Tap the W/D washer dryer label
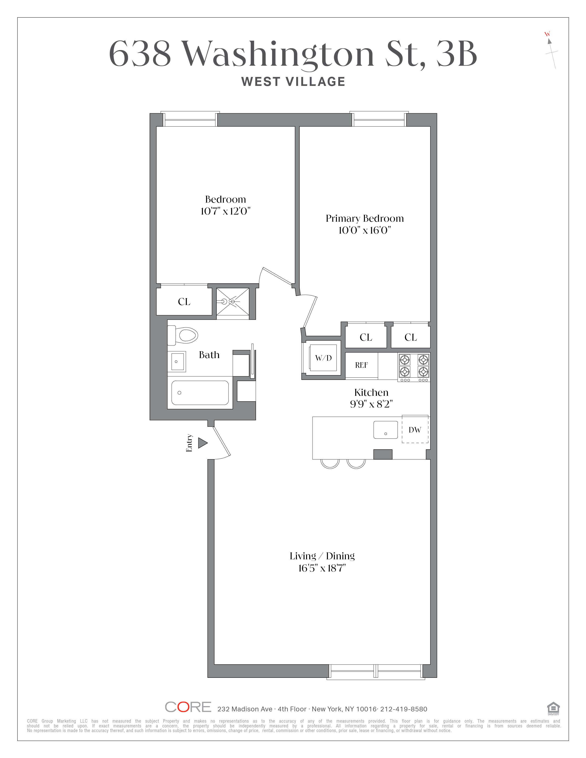(323, 358)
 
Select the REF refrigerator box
(361, 365)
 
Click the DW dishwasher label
(415, 430)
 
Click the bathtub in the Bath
(200, 393)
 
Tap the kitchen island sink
(385, 430)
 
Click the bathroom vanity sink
(177, 361)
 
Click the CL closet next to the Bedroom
(184, 302)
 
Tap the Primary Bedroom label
(364, 218)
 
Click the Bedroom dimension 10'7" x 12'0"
(225, 211)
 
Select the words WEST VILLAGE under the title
(293, 82)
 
